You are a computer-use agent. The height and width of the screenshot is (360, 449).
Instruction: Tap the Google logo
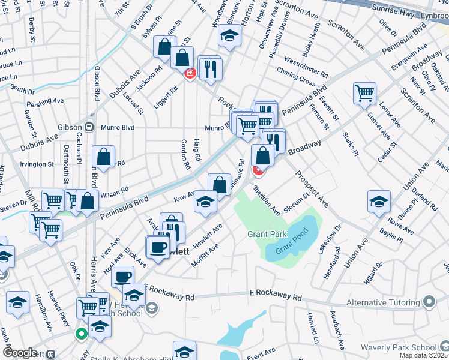click(21, 353)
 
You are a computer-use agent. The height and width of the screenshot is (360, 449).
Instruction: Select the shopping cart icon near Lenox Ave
click(364, 94)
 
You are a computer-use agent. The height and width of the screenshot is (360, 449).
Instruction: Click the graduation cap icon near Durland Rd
click(379, 202)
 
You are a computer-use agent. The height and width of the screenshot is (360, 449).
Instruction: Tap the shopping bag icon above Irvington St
click(104, 157)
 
